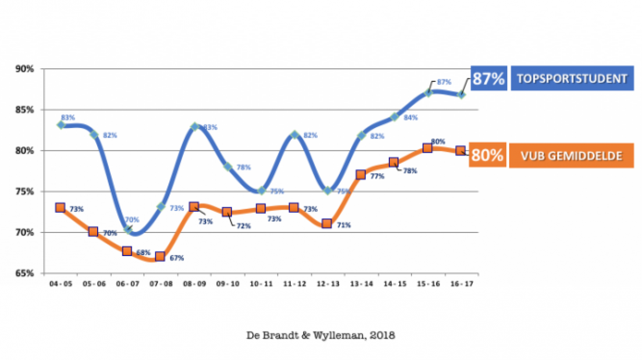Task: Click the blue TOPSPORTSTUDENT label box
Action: pos(572,78)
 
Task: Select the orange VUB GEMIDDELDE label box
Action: pos(571,156)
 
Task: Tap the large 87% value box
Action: pos(489,79)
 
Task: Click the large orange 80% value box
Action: pos(487,155)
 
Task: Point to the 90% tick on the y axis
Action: pos(26,69)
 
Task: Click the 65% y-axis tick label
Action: pos(26,273)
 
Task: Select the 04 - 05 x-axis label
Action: pos(60,284)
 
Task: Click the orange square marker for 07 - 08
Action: pos(160,256)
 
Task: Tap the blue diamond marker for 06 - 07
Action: pos(127,230)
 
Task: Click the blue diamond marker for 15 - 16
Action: pos(428,93)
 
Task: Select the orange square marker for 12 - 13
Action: pos(327,224)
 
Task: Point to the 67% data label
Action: pos(177,258)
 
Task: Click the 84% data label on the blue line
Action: pos(411,117)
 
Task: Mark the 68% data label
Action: pos(144,252)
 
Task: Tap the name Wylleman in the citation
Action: pos(336,335)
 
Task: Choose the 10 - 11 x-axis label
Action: pos(260,284)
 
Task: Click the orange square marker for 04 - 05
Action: pos(60,208)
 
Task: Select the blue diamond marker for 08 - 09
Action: pos(194,127)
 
